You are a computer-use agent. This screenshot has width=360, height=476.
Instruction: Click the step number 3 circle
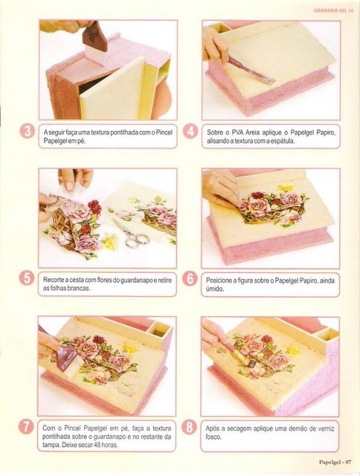28,131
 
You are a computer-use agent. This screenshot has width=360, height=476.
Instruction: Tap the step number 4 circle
190,131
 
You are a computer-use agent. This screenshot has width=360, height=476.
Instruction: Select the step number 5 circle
27,278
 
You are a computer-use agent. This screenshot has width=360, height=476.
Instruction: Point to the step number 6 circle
190,278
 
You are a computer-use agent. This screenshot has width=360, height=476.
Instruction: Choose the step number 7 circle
26,427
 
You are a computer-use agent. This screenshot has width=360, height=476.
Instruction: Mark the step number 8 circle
189,427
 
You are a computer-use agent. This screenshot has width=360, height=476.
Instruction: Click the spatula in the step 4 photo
251,71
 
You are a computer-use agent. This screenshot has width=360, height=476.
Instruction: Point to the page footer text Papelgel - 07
335,463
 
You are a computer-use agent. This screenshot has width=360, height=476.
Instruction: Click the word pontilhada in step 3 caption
124,132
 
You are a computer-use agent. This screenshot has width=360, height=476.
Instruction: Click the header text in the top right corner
333,10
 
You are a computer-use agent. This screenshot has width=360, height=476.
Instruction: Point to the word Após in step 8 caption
213,428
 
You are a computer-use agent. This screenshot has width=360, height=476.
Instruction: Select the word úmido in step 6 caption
215,289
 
